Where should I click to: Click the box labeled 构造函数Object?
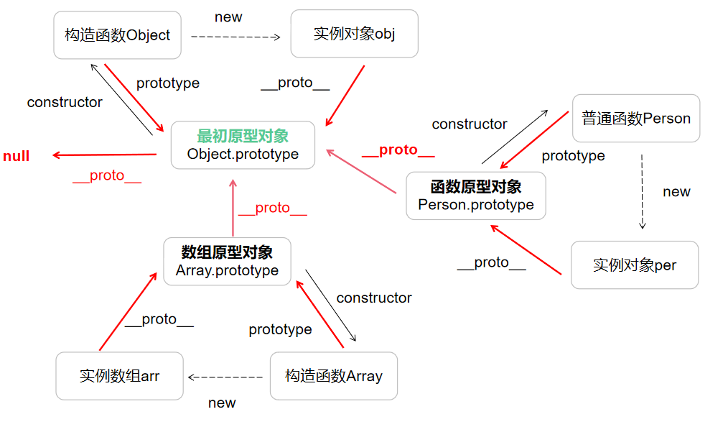(x=117, y=35)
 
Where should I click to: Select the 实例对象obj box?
(x=354, y=34)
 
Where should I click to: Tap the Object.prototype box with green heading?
(x=243, y=145)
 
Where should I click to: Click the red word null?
(x=17, y=156)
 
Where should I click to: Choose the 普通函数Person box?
(x=635, y=119)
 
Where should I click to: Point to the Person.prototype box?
(x=475, y=196)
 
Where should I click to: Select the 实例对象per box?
(x=635, y=265)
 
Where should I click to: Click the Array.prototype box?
(x=227, y=262)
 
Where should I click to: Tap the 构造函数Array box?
(x=333, y=376)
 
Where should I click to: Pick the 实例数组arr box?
(x=119, y=376)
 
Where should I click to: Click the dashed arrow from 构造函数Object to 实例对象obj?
(x=235, y=36)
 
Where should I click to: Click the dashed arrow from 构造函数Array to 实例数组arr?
(x=225, y=377)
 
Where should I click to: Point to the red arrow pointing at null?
(x=105, y=155)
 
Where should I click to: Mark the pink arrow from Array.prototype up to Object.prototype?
(x=233, y=208)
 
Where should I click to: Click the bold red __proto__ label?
(x=398, y=150)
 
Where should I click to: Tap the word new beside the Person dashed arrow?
(x=676, y=192)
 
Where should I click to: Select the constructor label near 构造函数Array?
(x=373, y=298)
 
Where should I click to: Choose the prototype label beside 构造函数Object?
(x=167, y=83)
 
